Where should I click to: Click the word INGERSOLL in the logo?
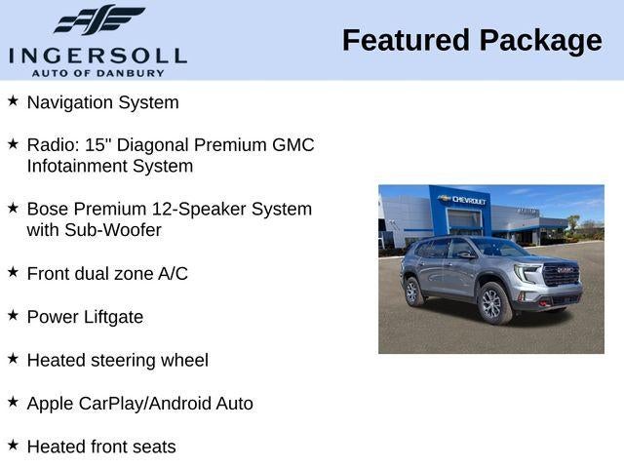[97, 54]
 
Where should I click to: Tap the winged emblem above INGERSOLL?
[98, 20]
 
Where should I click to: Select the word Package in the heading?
[541, 41]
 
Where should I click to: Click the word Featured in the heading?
[406, 41]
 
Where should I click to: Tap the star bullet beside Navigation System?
[13, 100]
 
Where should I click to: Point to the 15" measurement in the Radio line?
[98, 145]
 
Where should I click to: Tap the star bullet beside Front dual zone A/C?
[13, 272]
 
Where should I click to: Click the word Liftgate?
[112, 317]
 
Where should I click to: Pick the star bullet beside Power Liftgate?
[13, 315]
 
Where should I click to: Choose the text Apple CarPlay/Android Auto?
[139, 404]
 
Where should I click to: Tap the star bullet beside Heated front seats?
[13, 445]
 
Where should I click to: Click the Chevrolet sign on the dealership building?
[464, 200]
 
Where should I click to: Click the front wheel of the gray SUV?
[492, 303]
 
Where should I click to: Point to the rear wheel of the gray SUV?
[413, 291]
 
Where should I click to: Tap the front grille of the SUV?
[562, 276]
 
